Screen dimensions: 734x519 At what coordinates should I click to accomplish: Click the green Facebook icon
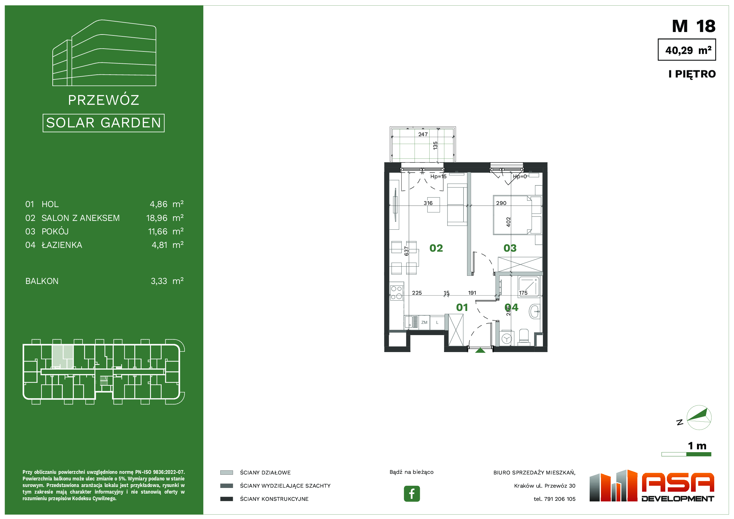point(412,494)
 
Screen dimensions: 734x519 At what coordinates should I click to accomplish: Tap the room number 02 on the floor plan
point(436,248)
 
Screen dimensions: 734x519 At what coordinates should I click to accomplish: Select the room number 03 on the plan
point(510,248)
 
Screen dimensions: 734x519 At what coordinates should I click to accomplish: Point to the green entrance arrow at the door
point(480,350)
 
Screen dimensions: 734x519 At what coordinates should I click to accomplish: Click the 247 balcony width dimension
point(423,134)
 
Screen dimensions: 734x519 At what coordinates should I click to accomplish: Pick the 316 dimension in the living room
point(428,203)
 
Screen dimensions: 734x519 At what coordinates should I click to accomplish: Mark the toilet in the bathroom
point(524,337)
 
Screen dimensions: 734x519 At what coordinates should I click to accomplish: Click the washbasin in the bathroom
point(534,311)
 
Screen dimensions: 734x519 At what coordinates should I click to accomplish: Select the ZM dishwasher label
point(424,323)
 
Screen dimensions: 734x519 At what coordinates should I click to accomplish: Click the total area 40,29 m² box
point(687,50)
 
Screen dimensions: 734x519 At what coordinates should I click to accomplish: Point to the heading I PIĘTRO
point(692,74)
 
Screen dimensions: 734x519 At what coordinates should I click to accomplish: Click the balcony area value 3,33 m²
point(167,281)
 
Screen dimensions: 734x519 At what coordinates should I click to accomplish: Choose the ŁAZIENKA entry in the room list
point(62,245)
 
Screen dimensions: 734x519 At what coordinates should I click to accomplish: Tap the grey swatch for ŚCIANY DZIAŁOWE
point(227,473)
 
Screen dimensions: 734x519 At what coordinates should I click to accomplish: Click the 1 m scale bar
point(686,454)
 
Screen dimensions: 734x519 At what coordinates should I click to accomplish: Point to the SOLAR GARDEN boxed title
point(104,123)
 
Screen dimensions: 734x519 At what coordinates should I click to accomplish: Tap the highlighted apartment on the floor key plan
point(63,357)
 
